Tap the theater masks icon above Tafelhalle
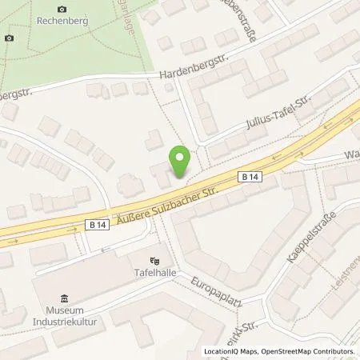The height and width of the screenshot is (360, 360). [x=155, y=260]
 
